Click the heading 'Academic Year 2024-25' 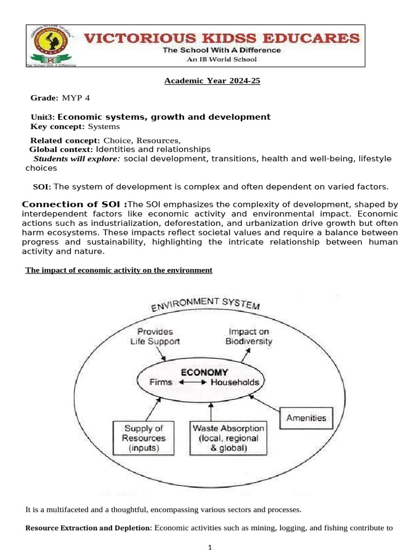point(213,81)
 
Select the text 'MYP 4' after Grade point(76,98)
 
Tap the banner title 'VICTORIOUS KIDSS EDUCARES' point(221,38)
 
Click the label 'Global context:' point(61,149)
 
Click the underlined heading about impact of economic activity point(119,271)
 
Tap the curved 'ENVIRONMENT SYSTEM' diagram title point(206,302)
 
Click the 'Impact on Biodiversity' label point(249,336)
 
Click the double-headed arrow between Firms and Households point(191,383)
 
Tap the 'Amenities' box point(306,418)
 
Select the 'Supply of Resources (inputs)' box point(143,437)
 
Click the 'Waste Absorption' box point(228,437)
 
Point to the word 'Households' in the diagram point(235,383)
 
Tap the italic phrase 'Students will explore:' point(77,159)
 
